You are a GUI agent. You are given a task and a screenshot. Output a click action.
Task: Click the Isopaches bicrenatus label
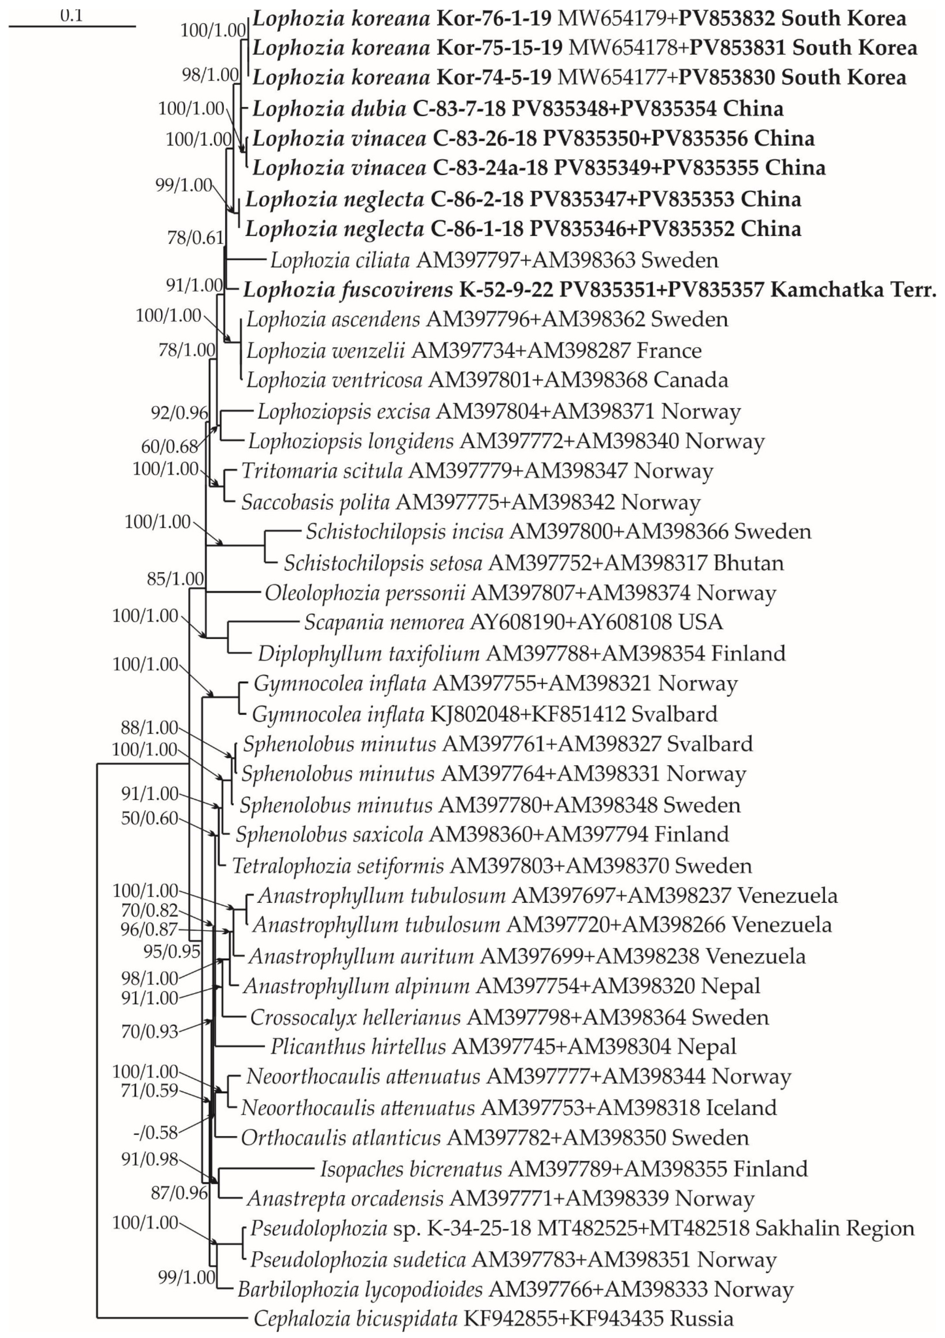tap(411, 1169)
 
